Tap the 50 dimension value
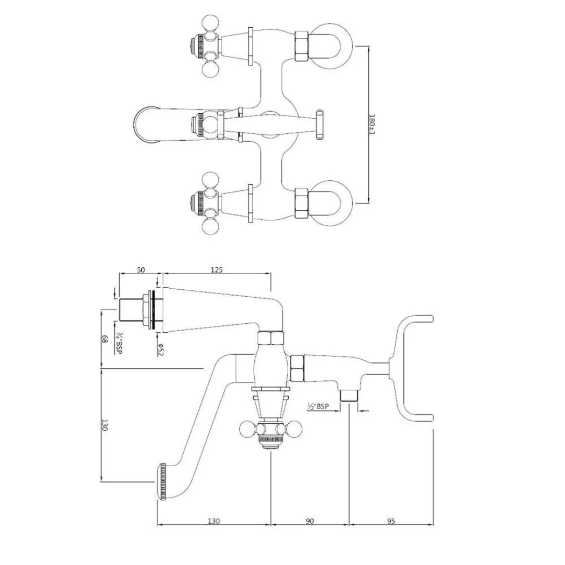[141, 270]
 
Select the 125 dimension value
[217, 270]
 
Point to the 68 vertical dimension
[105, 339]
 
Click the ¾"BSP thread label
[119, 343]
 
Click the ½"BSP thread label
[318, 406]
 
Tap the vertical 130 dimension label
[105, 425]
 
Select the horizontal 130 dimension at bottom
[213, 521]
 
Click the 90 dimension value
[310, 521]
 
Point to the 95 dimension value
[391, 521]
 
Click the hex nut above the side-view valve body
[271, 339]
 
